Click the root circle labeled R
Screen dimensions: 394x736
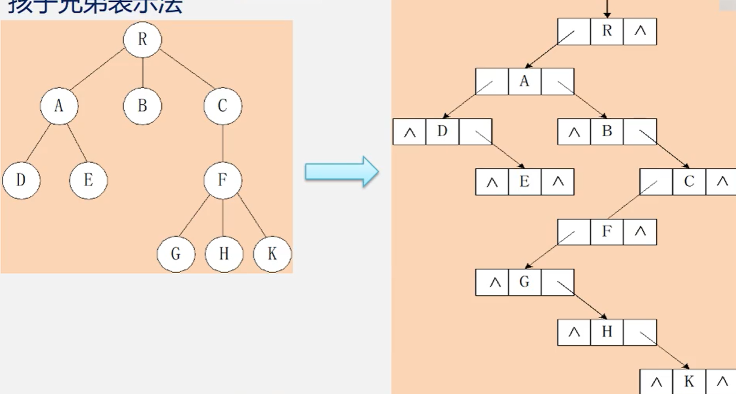[143, 39]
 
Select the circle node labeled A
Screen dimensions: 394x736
[59, 106]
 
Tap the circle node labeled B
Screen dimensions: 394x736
[143, 106]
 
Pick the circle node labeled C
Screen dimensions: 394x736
[223, 106]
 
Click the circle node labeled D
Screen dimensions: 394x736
[21, 180]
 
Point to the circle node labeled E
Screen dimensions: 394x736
[89, 180]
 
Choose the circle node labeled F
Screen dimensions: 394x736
[223, 180]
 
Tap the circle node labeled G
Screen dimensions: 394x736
[176, 254]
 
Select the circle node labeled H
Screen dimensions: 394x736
[224, 254]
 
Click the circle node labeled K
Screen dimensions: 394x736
[272, 254]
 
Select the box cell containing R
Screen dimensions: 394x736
[607, 31]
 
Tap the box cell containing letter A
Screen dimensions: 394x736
[525, 81]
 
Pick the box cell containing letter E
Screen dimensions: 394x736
[525, 182]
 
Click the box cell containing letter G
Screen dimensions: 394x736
[525, 282]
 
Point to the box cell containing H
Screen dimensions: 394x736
[607, 332]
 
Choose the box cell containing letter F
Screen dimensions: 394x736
[607, 232]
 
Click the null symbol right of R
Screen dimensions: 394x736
[640, 31]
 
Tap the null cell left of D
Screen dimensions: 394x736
[410, 132]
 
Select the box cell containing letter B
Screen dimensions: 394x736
[607, 132]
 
